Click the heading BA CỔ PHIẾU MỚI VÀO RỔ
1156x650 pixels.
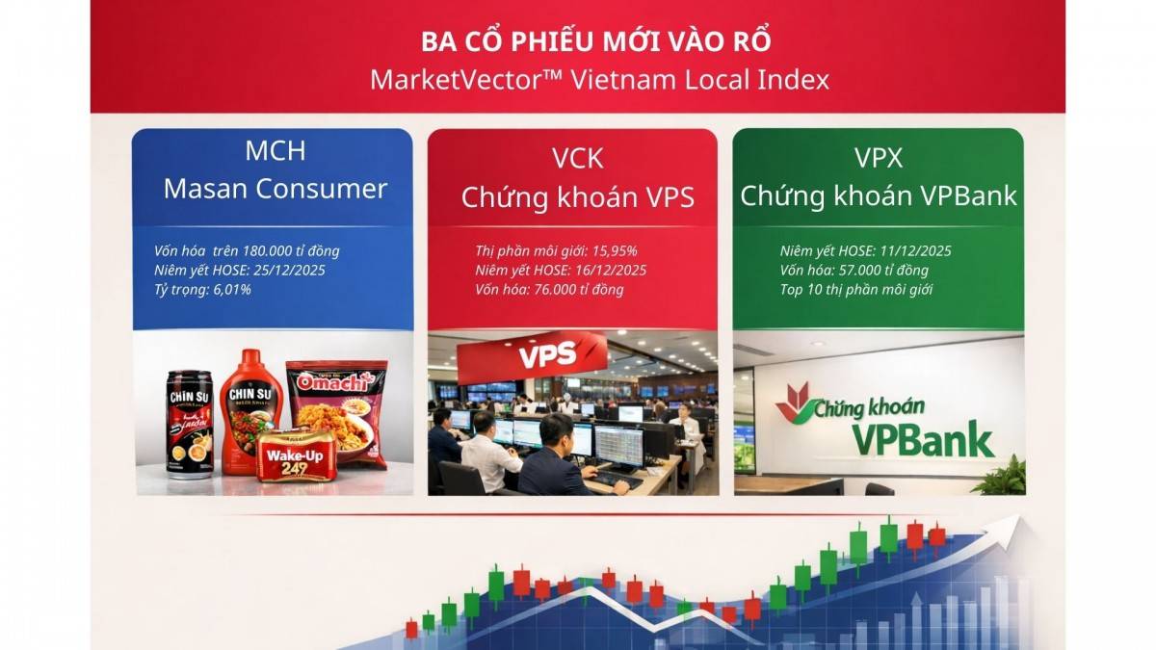click(x=596, y=41)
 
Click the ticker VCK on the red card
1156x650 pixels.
click(x=576, y=157)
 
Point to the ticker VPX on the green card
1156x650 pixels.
click(x=878, y=157)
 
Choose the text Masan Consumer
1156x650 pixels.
click(x=275, y=188)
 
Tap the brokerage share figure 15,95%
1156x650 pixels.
click(x=631, y=250)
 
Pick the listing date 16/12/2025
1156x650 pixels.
click(x=608, y=270)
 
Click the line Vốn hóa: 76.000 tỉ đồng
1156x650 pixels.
click(x=549, y=289)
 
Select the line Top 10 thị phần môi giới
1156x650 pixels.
click(x=855, y=289)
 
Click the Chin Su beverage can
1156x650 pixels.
click(x=190, y=424)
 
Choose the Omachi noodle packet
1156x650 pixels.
click(x=337, y=409)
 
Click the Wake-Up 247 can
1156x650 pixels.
click(x=295, y=456)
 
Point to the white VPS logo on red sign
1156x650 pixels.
click(x=547, y=356)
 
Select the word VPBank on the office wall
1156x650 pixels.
click(x=922, y=439)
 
